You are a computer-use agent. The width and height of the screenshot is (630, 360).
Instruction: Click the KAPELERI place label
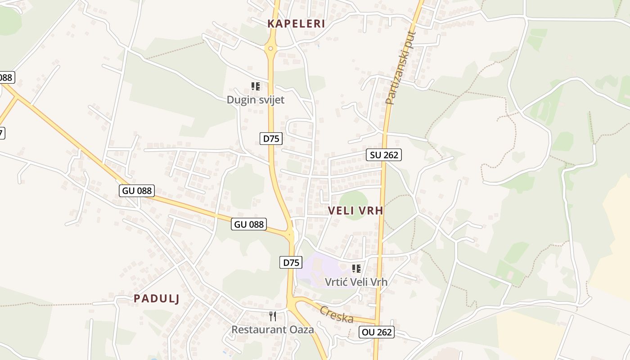(296, 24)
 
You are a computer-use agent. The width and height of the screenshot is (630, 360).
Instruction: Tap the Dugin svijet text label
(255, 100)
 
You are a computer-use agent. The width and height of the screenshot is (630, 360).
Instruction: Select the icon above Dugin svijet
(256, 86)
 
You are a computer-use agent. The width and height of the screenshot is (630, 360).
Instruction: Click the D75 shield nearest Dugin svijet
(271, 139)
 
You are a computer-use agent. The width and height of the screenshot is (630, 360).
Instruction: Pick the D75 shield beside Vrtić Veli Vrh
(291, 262)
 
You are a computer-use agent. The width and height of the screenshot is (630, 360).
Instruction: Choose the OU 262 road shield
(377, 333)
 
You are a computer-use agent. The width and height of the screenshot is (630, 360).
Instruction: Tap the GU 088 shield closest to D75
(249, 224)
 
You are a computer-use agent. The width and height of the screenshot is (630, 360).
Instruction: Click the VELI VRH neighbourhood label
(355, 211)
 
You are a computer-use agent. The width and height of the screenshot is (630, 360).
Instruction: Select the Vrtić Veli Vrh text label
(356, 282)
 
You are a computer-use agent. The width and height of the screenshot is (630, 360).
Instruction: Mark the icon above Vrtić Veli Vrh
(356, 269)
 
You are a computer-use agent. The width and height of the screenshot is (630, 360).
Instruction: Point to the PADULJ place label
(157, 299)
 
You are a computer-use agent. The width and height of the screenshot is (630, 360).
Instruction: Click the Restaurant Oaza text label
(272, 329)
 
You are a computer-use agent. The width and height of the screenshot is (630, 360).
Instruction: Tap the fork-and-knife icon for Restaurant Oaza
(273, 316)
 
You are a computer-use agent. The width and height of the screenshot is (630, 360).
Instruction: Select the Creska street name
(337, 314)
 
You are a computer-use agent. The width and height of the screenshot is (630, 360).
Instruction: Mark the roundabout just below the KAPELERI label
(270, 49)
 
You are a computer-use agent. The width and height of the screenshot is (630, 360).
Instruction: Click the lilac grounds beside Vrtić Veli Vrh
(315, 270)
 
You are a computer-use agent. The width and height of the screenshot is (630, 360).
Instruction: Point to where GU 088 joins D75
(290, 234)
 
